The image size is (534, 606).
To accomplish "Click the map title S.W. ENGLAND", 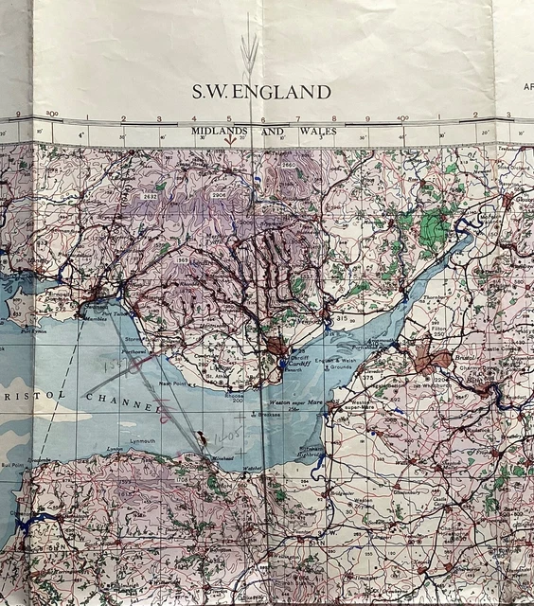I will pos(262,93).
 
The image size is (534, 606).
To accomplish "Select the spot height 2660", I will pos(289,166).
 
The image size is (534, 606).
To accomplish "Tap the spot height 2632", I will pos(150,197).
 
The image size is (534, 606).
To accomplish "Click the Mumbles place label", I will pos(93,319).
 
